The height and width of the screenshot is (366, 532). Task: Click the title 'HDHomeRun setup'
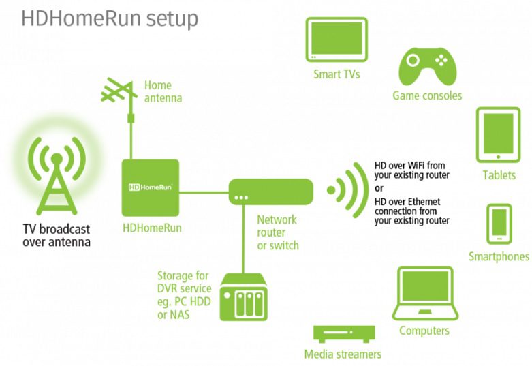tap(110, 18)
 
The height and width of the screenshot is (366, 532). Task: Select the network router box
tap(270, 190)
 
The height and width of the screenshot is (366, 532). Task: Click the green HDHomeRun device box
tap(150, 187)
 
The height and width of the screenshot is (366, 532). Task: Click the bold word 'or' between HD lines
tap(379, 188)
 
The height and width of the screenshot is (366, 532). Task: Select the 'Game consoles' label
tap(427, 95)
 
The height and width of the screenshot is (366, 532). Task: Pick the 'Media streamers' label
tap(343, 354)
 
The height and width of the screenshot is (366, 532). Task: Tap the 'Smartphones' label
tap(499, 257)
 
